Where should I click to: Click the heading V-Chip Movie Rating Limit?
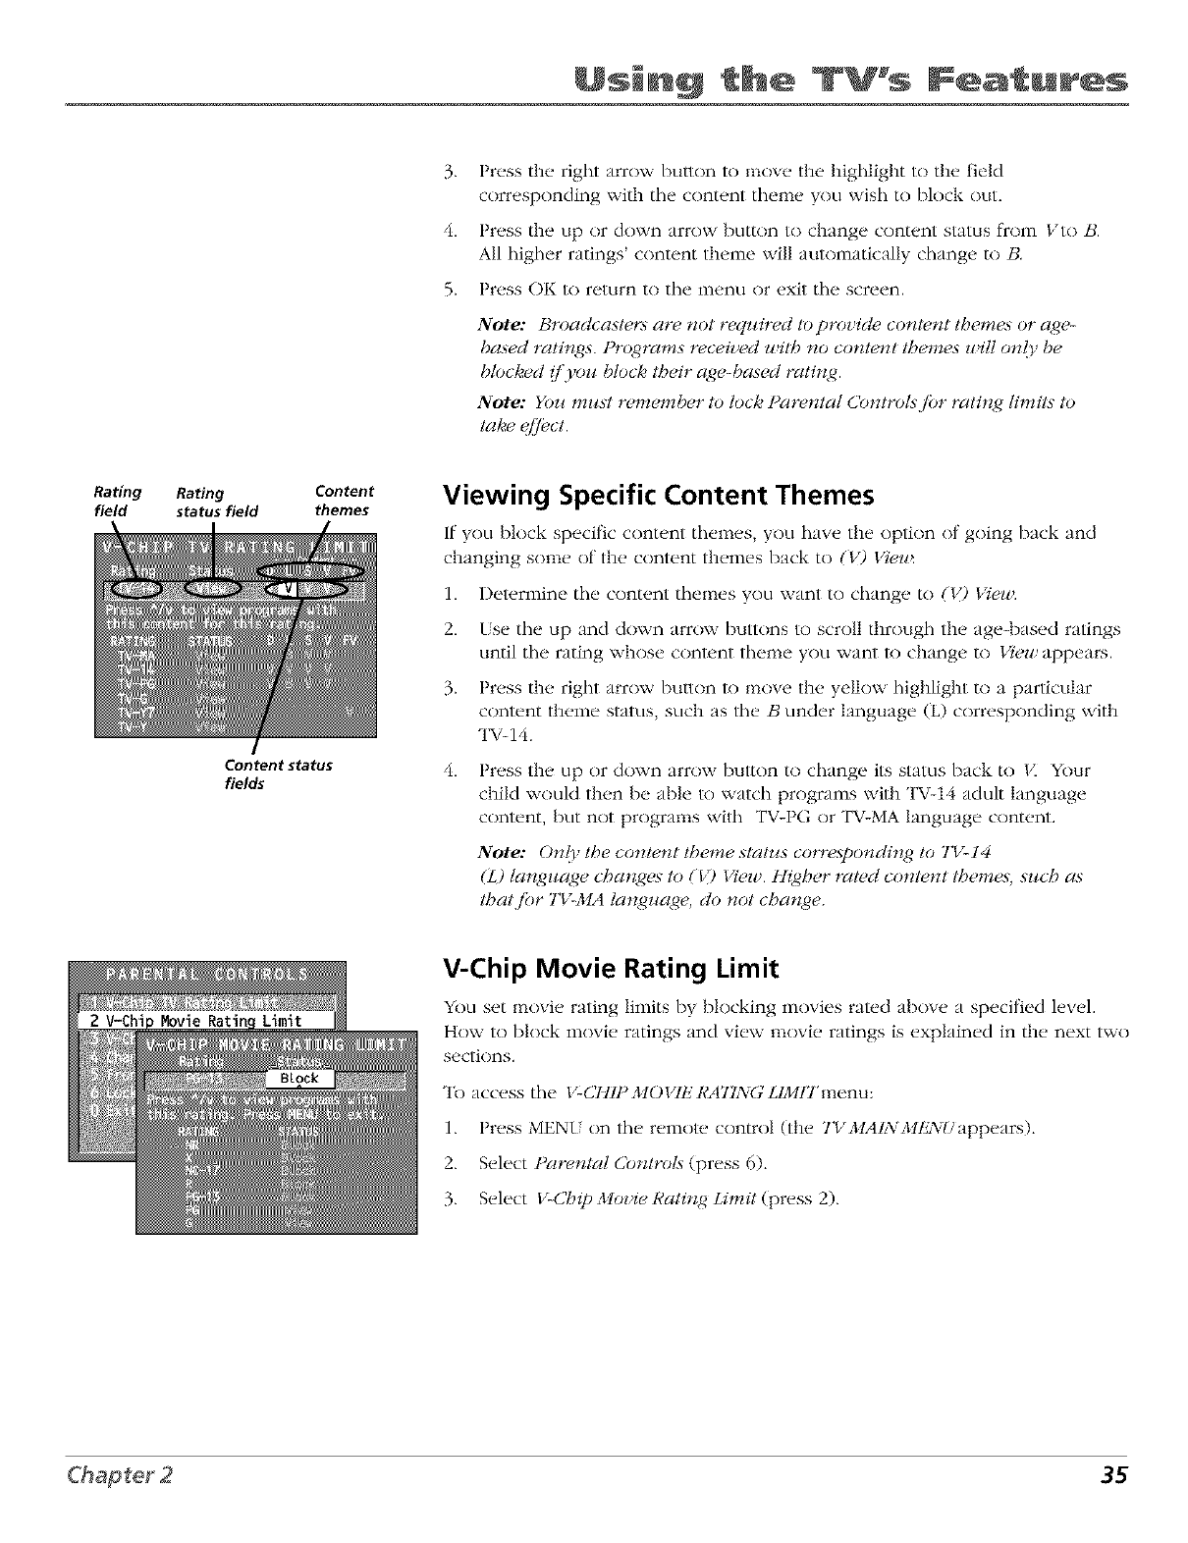click(x=612, y=969)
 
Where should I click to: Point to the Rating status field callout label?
click(x=217, y=503)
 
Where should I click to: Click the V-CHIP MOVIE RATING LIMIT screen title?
click(x=279, y=1043)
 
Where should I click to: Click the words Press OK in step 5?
click(x=512, y=291)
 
